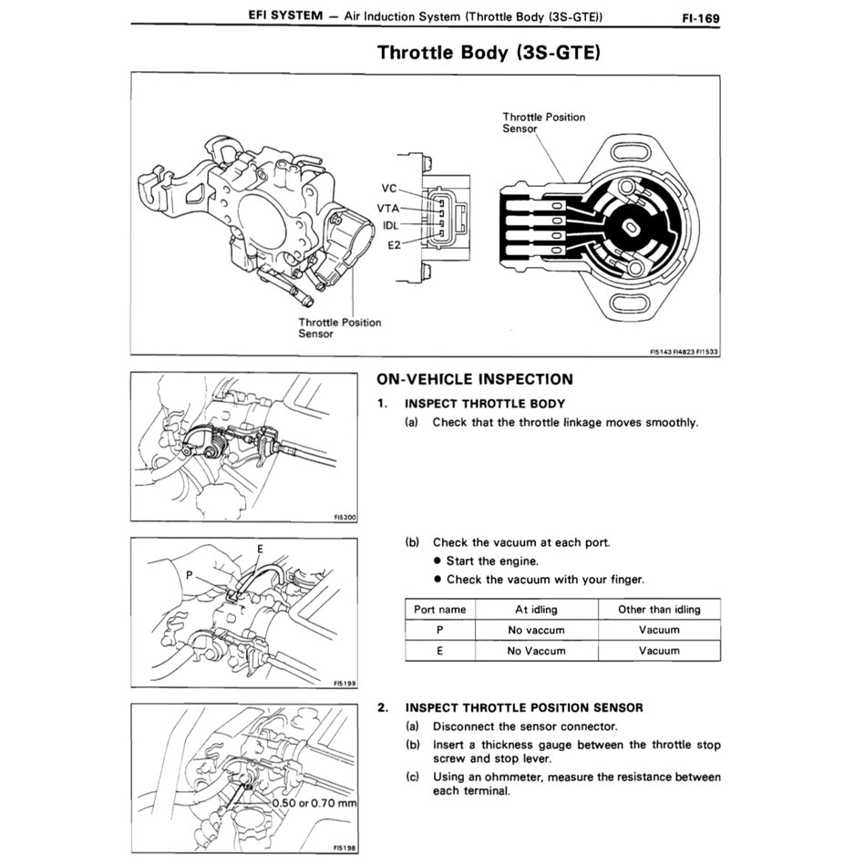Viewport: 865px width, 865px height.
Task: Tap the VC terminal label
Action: pyautogui.click(x=388, y=189)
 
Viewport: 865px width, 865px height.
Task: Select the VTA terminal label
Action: pyautogui.click(x=388, y=208)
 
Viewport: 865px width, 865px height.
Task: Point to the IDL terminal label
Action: pyautogui.click(x=389, y=225)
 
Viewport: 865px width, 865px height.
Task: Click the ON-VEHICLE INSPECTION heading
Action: pyautogui.click(x=475, y=379)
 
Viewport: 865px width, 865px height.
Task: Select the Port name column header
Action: pyautogui.click(x=439, y=609)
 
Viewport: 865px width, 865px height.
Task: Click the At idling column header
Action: pyautogui.click(x=536, y=609)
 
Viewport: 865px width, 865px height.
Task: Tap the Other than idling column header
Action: pyautogui.click(x=659, y=609)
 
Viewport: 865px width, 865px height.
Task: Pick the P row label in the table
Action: pyautogui.click(x=439, y=630)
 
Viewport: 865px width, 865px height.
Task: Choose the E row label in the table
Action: pyautogui.click(x=439, y=651)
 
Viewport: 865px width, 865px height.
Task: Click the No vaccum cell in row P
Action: pyautogui.click(x=536, y=630)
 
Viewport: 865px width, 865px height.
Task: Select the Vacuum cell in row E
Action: pyautogui.click(x=659, y=651)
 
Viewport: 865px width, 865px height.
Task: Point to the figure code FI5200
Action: pyautogui.click(x=344, y=518)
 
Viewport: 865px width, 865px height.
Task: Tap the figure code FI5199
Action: pyautogui.click(x=344, y=683)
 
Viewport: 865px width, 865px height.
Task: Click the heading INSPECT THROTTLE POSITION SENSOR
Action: pyautogui.click(x=524, y=707)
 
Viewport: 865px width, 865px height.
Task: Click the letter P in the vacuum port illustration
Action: pyautogui.click(x=190, y=575)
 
